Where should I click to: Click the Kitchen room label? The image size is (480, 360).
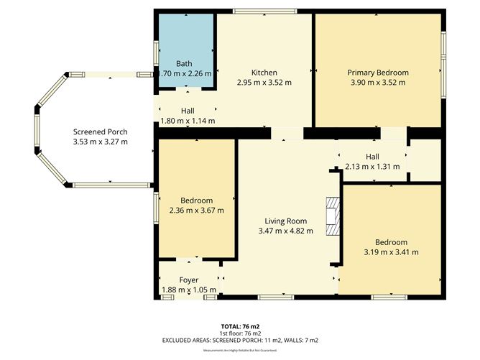pyautogui.click(x=264, y=73)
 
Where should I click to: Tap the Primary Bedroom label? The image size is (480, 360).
pyautogui.click(x=377, y=73)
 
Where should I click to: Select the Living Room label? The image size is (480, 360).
pyautogui.click(x=286, y=221)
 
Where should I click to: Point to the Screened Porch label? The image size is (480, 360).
pyautogui.click(x=100, y=131)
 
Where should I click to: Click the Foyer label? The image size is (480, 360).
pyautogui.click(x=189, y=280)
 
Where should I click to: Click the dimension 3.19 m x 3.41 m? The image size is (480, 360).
pyautogui.click(x=391, y=252)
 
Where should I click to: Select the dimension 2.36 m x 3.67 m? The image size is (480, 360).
pyautogui.click(x=196, y=211)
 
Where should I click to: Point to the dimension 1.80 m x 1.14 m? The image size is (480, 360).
pyautogui.click(x=188, y=121)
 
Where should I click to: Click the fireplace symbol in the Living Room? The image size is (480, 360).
pyautogui.click(x=331, y=216)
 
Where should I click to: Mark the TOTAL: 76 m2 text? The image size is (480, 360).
pyautogui.click(x=239, y=326)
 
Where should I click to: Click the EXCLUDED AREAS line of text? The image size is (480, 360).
pyautogui.click(x=239, y=340)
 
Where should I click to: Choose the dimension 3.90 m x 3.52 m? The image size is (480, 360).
pyautogui.click(x=377, y=83)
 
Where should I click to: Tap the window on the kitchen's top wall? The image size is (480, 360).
pyautogui.click(x=264, y=11)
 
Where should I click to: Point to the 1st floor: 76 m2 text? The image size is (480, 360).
pyautogui.click(x=239, y=333)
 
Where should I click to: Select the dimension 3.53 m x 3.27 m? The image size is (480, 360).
pyautogui.click(x=100, y=142)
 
